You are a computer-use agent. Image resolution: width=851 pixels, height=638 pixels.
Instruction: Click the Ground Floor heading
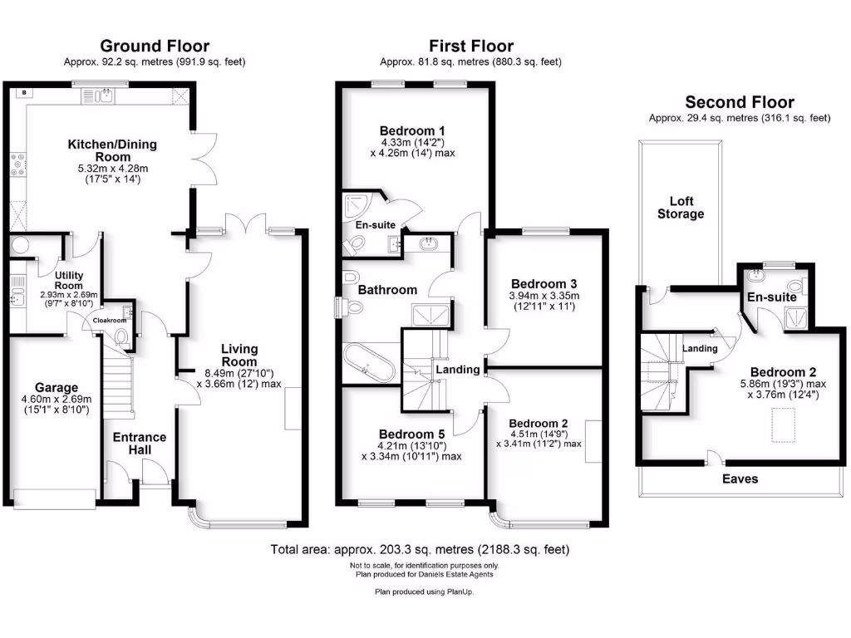click(x=155, y=47)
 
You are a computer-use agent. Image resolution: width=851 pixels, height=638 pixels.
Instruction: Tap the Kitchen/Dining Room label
click(x=111, y=150)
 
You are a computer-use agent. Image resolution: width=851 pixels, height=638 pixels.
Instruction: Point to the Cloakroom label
click(x=109, y=320)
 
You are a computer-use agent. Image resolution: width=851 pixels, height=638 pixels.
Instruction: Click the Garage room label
click(x=57, y=387)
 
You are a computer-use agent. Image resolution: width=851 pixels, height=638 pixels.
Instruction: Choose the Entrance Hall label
click(x=140, y=444)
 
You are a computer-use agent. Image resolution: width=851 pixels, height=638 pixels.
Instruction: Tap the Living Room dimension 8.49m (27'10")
click(x=239, y=373)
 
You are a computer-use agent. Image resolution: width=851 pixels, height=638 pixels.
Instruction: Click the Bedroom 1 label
click(x=412, y=130)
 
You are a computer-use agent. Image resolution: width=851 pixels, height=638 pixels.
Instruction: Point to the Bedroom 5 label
click(x=412, y=434)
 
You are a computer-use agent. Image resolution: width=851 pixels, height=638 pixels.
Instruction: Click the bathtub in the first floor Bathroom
click(x=370, y=363)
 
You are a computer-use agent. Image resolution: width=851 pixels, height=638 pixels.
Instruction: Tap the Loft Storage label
click(x=680, y=207)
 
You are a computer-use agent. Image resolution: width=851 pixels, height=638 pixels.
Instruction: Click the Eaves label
click(x=740, y=478)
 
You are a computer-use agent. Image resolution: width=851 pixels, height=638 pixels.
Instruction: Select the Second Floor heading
click(x=739, y=103)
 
